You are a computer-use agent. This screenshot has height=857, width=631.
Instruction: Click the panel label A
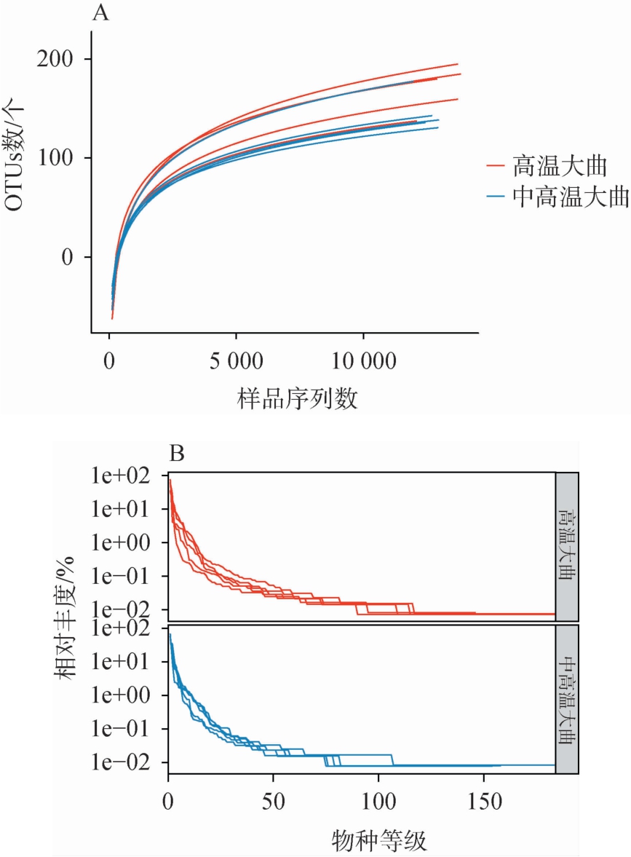(x=101, y=13)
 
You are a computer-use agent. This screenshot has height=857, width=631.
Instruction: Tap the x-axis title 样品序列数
(x=298, y=398)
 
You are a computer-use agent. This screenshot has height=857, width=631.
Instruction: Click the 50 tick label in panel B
(x=273, y=802)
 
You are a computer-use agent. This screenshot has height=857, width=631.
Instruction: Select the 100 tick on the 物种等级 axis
(x=378, y=802)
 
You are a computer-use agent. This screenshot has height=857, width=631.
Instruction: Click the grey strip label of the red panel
(x=567, y=546)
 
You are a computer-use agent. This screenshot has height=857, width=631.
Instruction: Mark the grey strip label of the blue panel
(x=567, y=699)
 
